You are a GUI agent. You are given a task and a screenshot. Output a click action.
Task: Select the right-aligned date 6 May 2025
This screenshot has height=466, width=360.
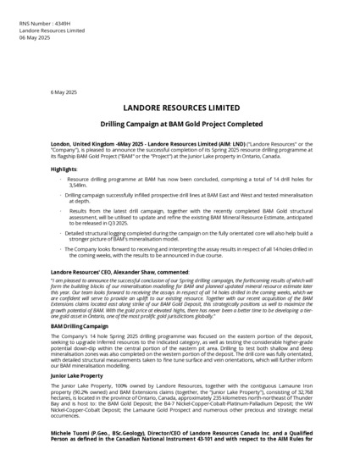click(x=64, y=91)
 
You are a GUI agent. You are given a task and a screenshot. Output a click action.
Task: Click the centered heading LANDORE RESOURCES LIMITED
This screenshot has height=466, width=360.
click(x=180, y=108)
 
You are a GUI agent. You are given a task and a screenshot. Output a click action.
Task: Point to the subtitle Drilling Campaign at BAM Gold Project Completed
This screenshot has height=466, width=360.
click(x=180, y=124)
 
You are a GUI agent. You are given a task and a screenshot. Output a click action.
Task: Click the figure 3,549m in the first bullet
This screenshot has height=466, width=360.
click(x=78, y=185)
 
